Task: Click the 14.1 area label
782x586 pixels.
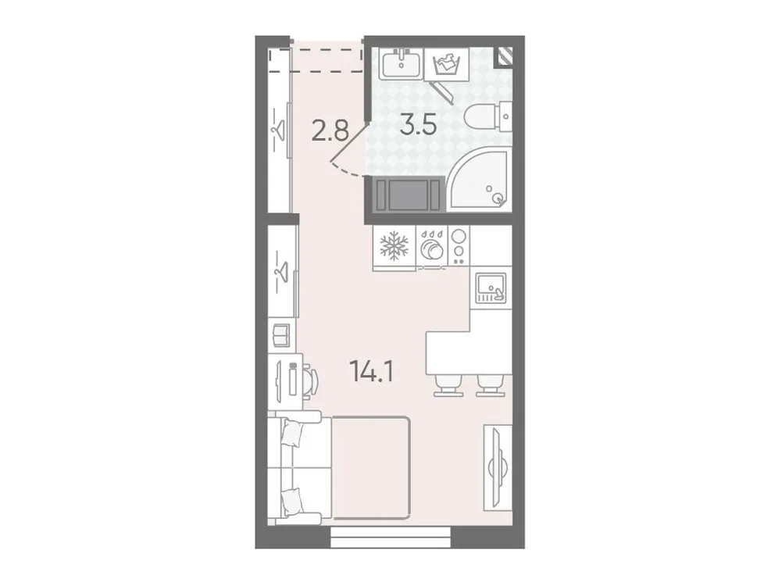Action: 372,370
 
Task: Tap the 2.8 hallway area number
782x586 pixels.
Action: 330,130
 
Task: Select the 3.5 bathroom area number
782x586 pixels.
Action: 417,125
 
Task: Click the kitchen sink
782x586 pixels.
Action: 490,287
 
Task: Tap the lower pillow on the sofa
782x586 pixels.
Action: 293,501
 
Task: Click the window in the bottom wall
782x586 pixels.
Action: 391,536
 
